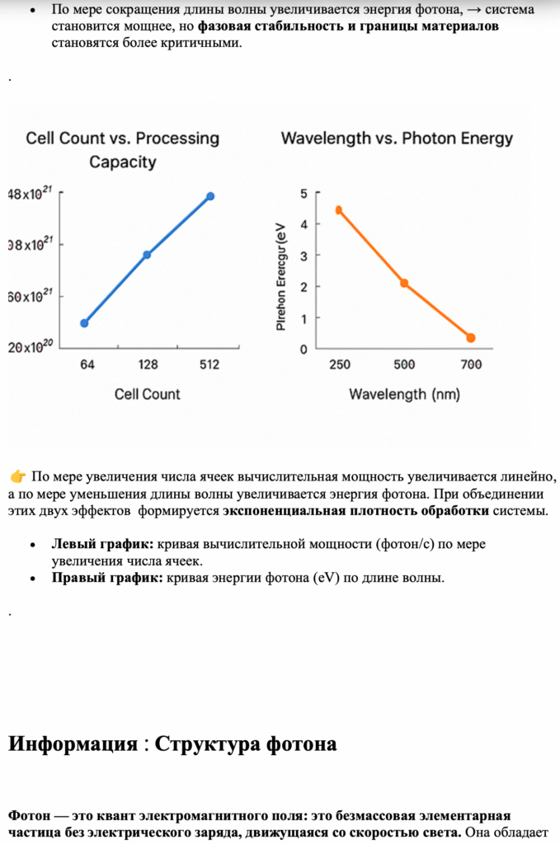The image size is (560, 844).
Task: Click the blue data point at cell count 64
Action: (84, 323)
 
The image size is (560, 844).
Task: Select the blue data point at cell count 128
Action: (147, 255)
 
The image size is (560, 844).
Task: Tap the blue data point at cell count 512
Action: (210, 196)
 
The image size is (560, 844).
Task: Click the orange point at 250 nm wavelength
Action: (338, 210)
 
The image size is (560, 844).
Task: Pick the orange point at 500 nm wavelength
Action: (404, 283)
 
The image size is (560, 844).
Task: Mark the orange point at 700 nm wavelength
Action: (471, 338)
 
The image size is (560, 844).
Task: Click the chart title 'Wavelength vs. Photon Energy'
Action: (397, 138)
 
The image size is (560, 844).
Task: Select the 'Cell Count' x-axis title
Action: (148, 394)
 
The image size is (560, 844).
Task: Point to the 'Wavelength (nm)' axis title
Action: (399, 394)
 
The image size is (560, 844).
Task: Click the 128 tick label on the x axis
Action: (148, 365)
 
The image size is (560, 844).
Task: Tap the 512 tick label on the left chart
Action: (209, 365)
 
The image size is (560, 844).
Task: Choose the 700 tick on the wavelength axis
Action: (471, 365)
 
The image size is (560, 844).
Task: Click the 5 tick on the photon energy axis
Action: (304, 194)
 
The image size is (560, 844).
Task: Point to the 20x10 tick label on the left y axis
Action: (31, 347)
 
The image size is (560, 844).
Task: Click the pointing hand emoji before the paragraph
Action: (17, 476)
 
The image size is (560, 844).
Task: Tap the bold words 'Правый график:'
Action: (107, 578)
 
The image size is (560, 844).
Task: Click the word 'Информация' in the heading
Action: (73, 744)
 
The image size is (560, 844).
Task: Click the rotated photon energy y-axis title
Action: (281, 276)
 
